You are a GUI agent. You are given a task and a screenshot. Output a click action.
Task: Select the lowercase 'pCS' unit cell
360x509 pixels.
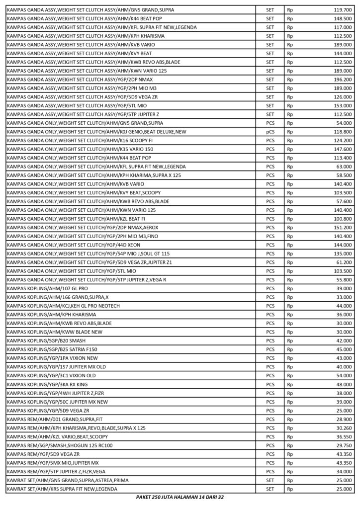pos(270,132)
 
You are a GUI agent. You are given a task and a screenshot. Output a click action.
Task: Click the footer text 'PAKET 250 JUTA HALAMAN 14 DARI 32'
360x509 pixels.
pos(180,497)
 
